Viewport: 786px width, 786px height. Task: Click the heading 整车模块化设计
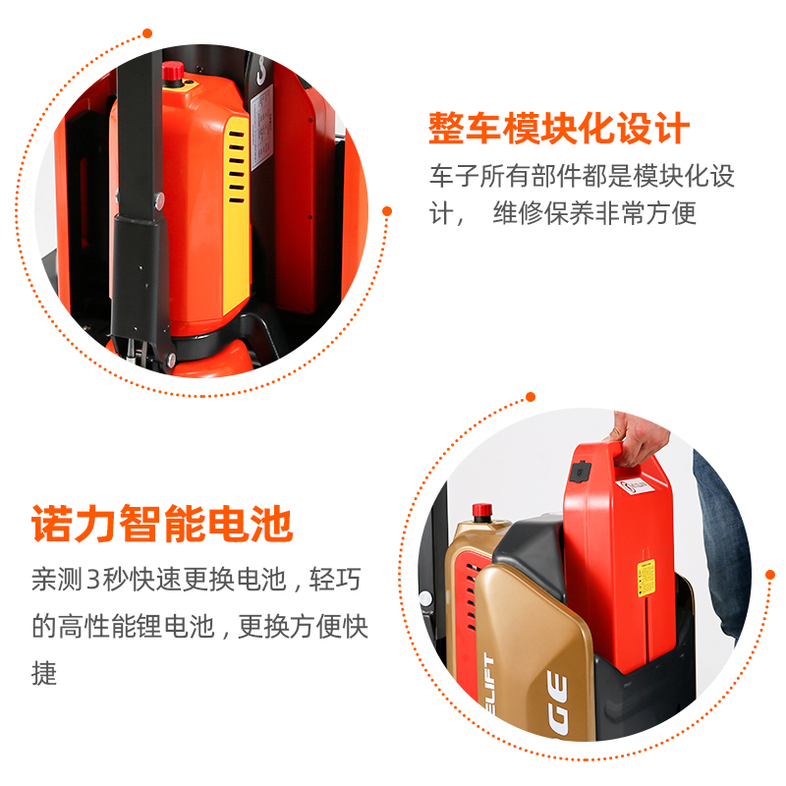pyautogui.click(x=559, y=129)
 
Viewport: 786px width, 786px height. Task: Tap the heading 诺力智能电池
pyautogui.click(x=162, y=524)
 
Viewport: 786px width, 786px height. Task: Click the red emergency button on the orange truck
pyautogui.click(x=173, y=70)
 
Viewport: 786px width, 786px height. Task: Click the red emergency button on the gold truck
pyautogui.click(x=481, y=511)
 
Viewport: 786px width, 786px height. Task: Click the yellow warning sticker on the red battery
pyautogui.click(x=647, y=578)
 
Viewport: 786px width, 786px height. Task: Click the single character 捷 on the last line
pyautogui.click(x=44, y=673)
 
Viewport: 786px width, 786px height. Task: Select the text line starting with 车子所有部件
pyautogui.click(x=581, y=178)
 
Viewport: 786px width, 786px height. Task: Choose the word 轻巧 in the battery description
pyautogui.click(x=336, y=579)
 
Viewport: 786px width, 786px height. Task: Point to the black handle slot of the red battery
pyautogui.click(x=614, y=455)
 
